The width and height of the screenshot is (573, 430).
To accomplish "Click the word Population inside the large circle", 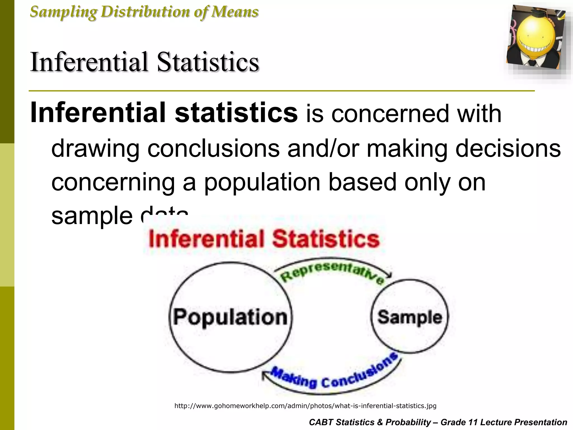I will tap(230, 317).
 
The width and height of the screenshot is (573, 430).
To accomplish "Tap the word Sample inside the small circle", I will tap(410, 317).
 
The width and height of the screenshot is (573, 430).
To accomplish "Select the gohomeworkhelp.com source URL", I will tap(305, 406).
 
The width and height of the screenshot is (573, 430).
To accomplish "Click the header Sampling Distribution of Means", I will tap(144, 12).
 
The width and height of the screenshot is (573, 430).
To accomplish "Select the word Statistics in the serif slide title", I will tap(208, 62).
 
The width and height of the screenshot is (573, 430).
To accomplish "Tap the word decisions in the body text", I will tap(508, 148).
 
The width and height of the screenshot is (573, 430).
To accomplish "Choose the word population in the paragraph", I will tap(262, 182).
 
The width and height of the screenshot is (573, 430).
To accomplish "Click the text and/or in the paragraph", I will tap(323, 148).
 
